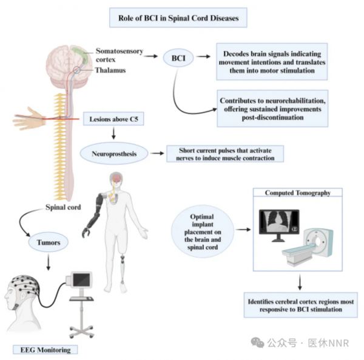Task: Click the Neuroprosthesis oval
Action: (x=114, y=154)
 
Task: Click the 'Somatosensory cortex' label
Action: (x=119, y=56)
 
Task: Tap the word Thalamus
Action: (x=112, y=70)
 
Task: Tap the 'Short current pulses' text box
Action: (x=227, y=154)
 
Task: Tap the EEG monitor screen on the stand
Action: (x=81, y=280)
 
